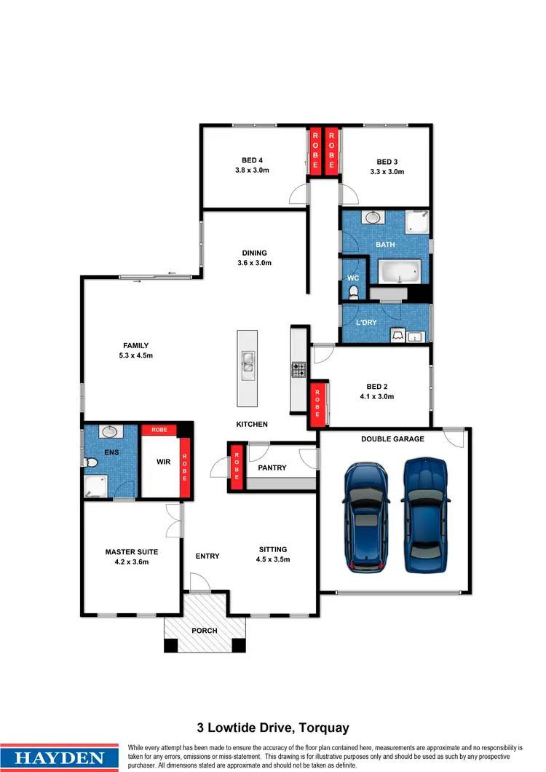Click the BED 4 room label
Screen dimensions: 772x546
[252, 160]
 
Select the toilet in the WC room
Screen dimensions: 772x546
[354, 291]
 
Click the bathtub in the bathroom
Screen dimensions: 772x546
[398, 272]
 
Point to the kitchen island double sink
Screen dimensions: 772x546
[247, 361]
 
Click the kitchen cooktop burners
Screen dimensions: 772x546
[298, 370]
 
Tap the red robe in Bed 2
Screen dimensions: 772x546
[318, 403]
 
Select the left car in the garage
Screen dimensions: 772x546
[365, 517]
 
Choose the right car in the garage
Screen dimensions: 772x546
[424, 513]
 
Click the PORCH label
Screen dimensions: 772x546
[204, 630]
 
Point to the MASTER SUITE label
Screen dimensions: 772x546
[131, 552]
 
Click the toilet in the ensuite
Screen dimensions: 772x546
[91, 462]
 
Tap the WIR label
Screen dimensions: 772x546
[164, 461]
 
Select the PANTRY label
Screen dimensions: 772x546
[272, 468]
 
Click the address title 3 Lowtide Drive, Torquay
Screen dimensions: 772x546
[273, 728]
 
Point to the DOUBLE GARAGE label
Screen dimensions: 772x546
[393, 439]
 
